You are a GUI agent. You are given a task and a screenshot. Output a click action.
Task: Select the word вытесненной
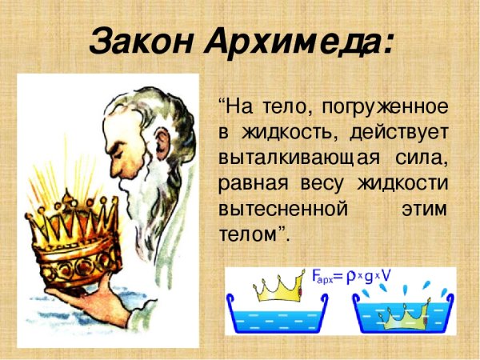tap(284, 210)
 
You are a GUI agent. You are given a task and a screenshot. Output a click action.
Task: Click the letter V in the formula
tap(387, 277)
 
